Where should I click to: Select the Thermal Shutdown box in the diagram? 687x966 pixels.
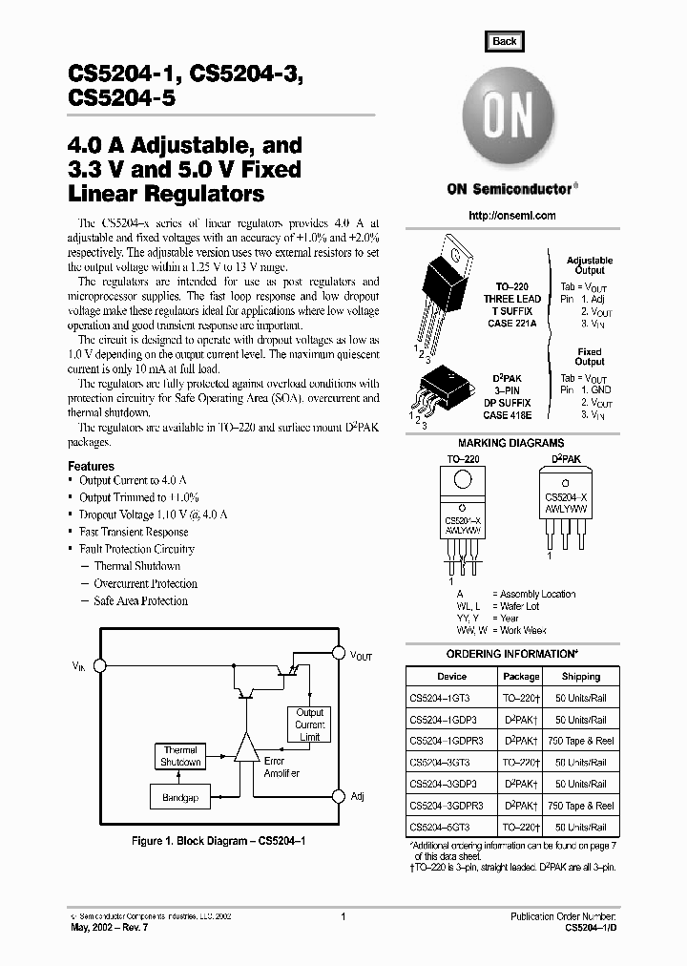click(x=180, y=756)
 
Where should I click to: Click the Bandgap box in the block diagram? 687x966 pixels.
click(x=179, y=797)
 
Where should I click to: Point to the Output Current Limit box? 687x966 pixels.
click(x=309, y=725)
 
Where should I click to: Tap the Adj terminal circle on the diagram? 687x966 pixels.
click(x=338, y=795)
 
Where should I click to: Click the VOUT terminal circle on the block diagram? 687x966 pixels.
click(x=338, y=654)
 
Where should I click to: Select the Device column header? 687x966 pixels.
click(x=451, y=676)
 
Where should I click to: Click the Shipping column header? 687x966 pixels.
click(x=581, y=676)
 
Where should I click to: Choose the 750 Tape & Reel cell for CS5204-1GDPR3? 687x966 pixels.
click(x=581, y=741)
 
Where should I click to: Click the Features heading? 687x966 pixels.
click(x=92, y=466)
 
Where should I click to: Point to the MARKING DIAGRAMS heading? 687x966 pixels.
click(x=510, y=443)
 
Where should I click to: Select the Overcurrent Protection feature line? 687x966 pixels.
click(x=145, y=583)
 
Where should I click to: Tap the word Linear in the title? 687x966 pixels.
click(x=105, y=195)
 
